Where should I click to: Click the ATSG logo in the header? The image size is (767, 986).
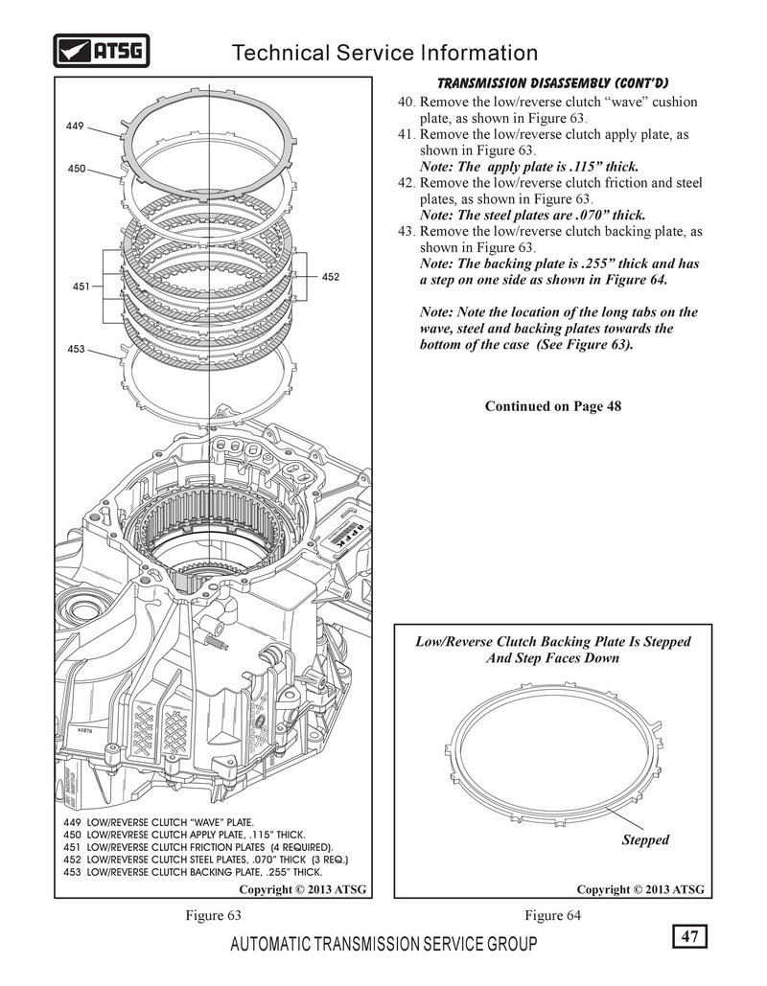point(101,51)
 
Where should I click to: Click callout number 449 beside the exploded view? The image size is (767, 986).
point(77,125)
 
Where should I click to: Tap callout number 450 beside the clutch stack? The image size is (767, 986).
point(77,169)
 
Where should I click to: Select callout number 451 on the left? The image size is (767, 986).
point(81,286)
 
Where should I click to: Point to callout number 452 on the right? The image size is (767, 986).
point(331,277)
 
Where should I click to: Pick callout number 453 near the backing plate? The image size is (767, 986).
point(77,349)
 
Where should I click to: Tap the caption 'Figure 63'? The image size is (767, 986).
point(213,915)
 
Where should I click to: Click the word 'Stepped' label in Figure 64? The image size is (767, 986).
point(644,839)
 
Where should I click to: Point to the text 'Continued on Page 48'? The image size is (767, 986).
point(553,406)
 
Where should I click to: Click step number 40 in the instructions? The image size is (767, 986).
point(406,102)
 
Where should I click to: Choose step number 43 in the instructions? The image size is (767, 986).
point(406,232)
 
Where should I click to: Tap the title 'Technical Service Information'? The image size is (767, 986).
point(385,53)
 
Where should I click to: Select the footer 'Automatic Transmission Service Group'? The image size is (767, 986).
point(384,945)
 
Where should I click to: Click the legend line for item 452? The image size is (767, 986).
point(204,860)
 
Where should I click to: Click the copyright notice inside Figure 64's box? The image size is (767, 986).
point(640,889)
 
